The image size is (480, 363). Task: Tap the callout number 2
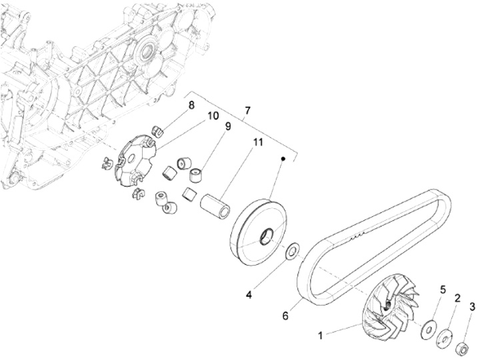(x=457, y=298)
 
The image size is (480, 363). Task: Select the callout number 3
(x=473, y=307)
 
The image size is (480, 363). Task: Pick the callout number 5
(x=441, y=290)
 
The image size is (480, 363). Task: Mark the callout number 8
(x=191, y=105)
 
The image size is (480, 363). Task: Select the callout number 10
(x=213, y=115)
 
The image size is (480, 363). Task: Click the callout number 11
(x=257, y=142)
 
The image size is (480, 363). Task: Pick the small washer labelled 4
(x=291, y=252)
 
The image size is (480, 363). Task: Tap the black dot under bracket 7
(x=283, y=159)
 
